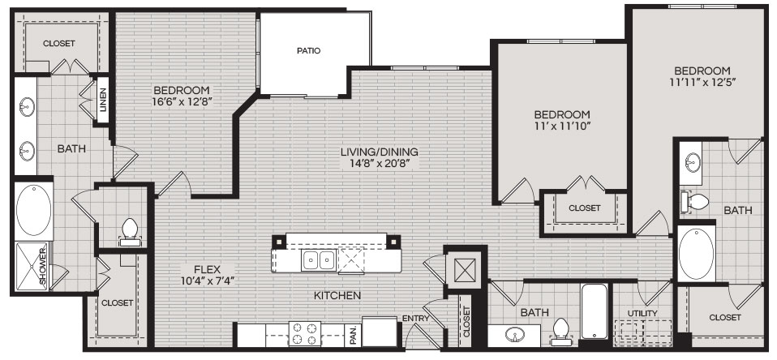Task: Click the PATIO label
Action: [309, 50]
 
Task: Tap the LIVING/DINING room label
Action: [379, 152]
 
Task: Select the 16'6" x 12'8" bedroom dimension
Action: [182, 102]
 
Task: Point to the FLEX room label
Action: [207, 270]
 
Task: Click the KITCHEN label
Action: [337, 296]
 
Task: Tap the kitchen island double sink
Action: [318, 260]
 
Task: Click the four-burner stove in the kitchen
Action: [305, 333]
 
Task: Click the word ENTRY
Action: [415, 319]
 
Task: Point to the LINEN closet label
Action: [102, 98]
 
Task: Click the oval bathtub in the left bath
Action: [34, 210]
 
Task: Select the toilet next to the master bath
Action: [129, 232]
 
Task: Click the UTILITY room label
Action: [642, 313]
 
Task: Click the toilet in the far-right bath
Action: [695, 202]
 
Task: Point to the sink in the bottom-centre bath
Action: [515, 335]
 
